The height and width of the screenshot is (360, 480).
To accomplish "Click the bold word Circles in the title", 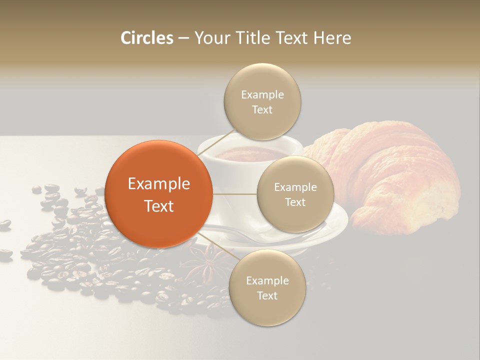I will (147, 38).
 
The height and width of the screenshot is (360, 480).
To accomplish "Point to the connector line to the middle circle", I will (235, 194).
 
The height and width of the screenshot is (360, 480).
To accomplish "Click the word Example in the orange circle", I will (159, 184).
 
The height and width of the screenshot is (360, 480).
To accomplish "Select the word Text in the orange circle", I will (159, 206).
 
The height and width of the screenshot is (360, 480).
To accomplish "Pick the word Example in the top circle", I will (262, 95).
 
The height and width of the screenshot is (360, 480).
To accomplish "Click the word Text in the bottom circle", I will (267, 296).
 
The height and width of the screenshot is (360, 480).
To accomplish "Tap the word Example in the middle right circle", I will (295, 187).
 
